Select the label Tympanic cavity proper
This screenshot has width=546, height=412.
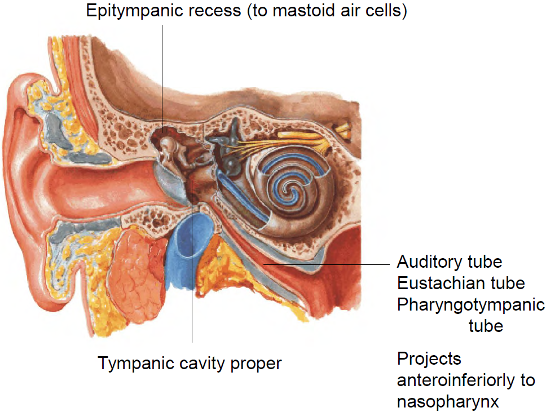tap(190, 364)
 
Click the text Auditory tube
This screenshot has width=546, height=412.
tap(450, 262)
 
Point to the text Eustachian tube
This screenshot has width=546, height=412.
tap(461, 283)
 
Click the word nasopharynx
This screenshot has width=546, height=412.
tap(448, 402)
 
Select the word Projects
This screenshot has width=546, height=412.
tap(429, 359)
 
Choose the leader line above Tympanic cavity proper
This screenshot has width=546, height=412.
tap(192, 293)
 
